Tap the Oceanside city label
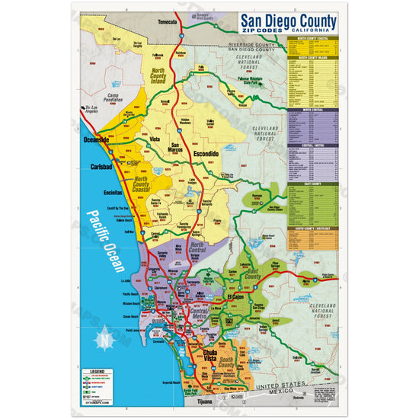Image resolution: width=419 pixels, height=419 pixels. [x=97, y=140]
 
